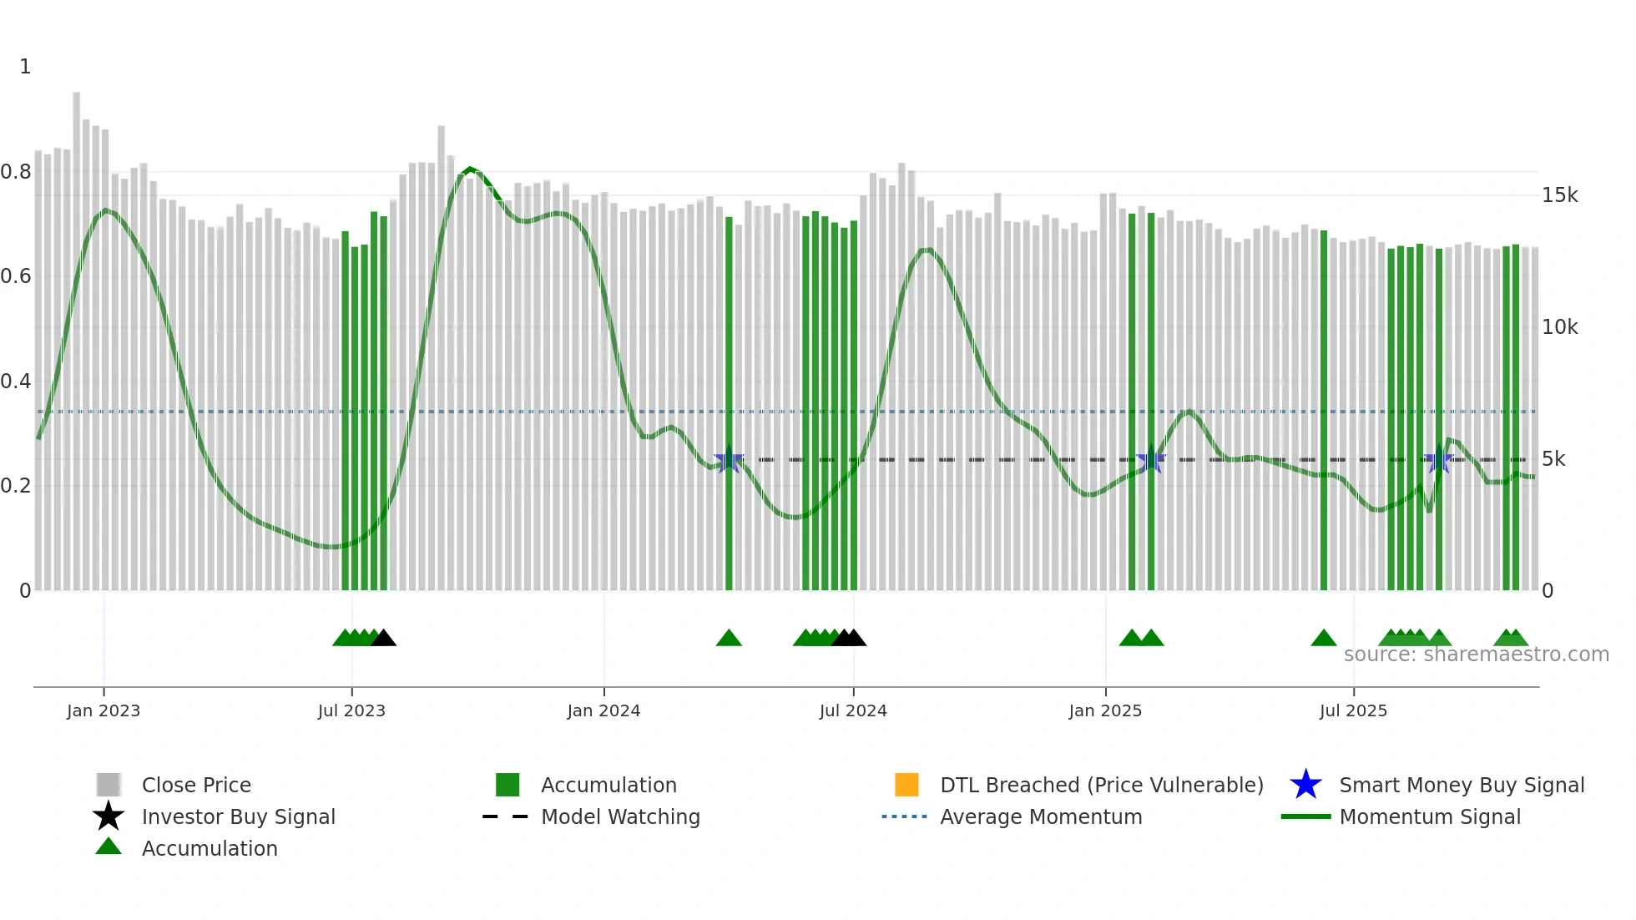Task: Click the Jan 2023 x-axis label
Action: click(104, 710)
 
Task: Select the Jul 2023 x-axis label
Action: click(351, 710)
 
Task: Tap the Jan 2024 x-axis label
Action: click(603, 710)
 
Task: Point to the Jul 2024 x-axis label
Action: click(853, 710)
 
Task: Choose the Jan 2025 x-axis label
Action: click(1105, 710)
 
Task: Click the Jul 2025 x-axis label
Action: click(1353, 710)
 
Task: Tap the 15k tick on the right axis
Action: click(1559, 195)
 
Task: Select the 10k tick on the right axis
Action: click(1559, 327)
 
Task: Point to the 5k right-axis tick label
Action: click(1553, 459)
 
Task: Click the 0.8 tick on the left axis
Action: click(16, 172)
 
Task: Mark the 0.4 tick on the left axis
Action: click(16, 382)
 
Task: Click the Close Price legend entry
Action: click(196, 785)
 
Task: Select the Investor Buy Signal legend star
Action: click(109, 816)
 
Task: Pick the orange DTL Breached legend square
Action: click(906, 785)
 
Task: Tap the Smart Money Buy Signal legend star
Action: click(1305, 785)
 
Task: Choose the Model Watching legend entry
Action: click(620, 816)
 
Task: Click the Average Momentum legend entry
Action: click(1041, 816)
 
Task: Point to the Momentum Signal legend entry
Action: click(1430, 816)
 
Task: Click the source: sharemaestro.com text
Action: click(1476, 655)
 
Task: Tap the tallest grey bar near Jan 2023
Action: click(77, 334)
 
